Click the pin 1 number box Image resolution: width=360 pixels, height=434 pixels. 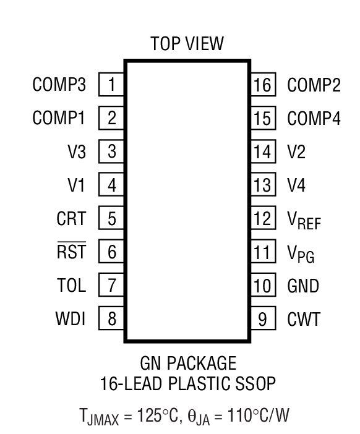[111, 84]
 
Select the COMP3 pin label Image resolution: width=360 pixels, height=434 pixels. [59, 84]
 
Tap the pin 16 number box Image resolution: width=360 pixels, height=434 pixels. [262, 84]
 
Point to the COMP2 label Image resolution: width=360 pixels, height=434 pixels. [314, 84]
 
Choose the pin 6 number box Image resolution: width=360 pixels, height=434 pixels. [111, 252]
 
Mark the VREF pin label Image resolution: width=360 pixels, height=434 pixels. [304, 219]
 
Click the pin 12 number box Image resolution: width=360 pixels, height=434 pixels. [262, 218]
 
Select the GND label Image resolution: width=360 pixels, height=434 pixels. [303, 286]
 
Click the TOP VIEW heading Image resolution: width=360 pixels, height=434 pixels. [187, 44]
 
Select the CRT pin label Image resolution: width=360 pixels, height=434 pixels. [72, 218]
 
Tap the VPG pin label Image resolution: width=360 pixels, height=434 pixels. [301, 253]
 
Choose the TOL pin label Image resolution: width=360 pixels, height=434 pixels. [72, 286]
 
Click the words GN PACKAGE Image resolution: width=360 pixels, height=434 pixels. [188, 362]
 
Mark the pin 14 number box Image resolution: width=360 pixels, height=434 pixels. [262, 151]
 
